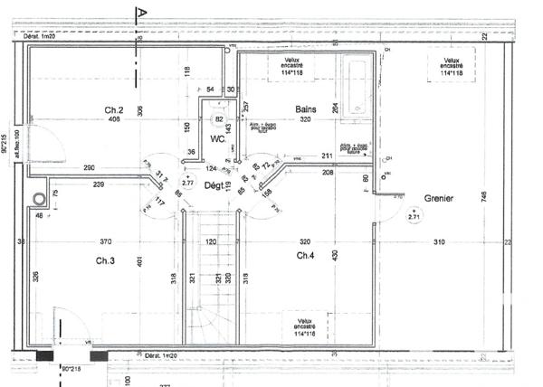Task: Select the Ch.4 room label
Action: tap(305, 256)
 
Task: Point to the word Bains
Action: tap(306, 109)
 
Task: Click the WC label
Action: tap(218, 139)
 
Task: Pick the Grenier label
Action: tap(439, 196)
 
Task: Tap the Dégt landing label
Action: tap(213, 184)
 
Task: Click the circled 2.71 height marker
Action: tap(414, 216)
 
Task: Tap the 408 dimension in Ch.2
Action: tap(114, 119)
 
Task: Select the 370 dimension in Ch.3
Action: tap(106, 242)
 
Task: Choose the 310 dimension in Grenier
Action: tap(438, 242)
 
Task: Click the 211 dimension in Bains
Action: tap(327, 156)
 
